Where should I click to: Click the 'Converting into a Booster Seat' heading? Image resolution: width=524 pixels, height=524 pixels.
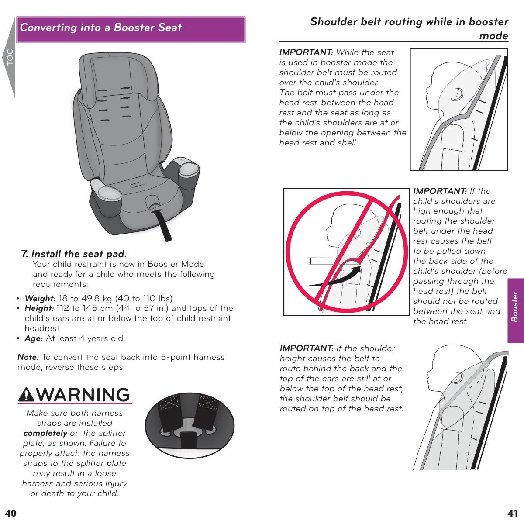point(101,28)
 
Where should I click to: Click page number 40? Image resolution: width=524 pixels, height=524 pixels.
point(10,514)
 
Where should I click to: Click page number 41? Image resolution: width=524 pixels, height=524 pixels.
point(513,514)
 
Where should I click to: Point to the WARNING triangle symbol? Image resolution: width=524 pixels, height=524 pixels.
point(27,395)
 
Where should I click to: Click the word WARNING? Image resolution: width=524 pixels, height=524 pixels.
point(83,395)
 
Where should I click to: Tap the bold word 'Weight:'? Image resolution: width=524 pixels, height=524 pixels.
point(40,299)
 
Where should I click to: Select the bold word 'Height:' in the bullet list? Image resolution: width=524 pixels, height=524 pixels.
point(39,308)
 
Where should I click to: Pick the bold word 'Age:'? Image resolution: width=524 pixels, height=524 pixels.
point(34,338)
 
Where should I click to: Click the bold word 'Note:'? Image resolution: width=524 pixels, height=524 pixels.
point(28,357)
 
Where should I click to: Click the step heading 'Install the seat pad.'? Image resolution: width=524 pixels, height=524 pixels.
point(79,254)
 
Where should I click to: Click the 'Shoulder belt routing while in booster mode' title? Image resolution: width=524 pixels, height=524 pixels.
point(409,28)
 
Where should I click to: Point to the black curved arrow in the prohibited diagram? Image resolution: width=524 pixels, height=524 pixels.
point(345,277)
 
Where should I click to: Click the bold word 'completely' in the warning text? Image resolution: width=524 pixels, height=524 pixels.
point(45,433)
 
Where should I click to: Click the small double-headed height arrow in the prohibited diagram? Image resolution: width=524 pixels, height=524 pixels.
point(310,261)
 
